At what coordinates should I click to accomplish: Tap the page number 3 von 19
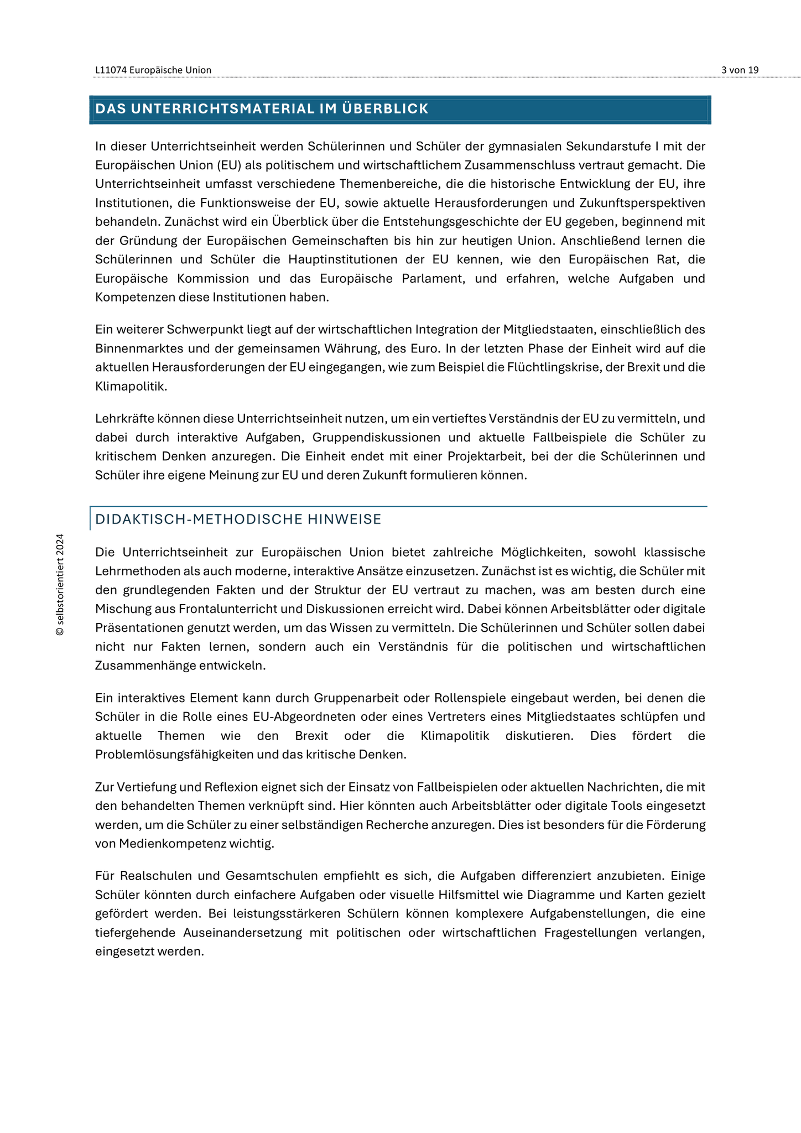click(x=740, y=70)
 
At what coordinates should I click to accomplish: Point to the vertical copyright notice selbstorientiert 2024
click(x=60, y=585)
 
